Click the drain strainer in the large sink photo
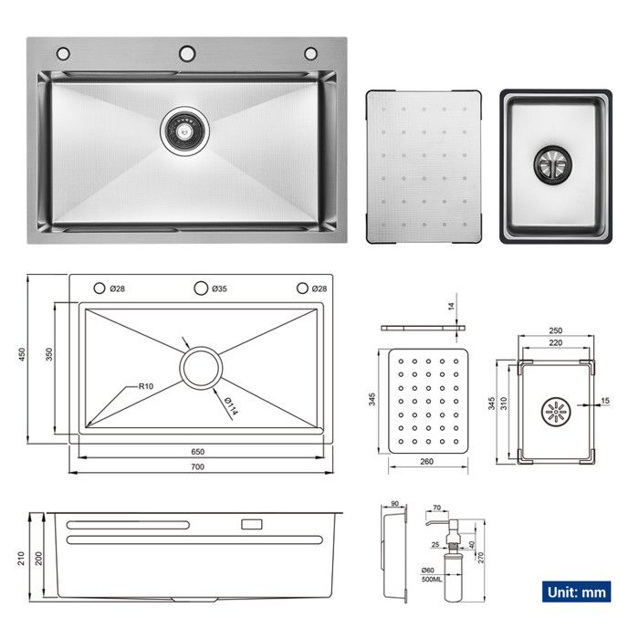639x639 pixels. click(x=185, y=129)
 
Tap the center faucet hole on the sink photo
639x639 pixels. click(x=186, y=52)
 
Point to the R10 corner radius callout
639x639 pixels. click(x=145, y=386)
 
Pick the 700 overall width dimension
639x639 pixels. click(x=198, y=466)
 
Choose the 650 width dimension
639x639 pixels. click(x=198, y=451)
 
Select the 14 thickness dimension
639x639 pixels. click(x=451, y=308)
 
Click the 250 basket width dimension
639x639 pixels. click(x=555, y=330)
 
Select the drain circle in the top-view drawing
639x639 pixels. click(x=200, y=367)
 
